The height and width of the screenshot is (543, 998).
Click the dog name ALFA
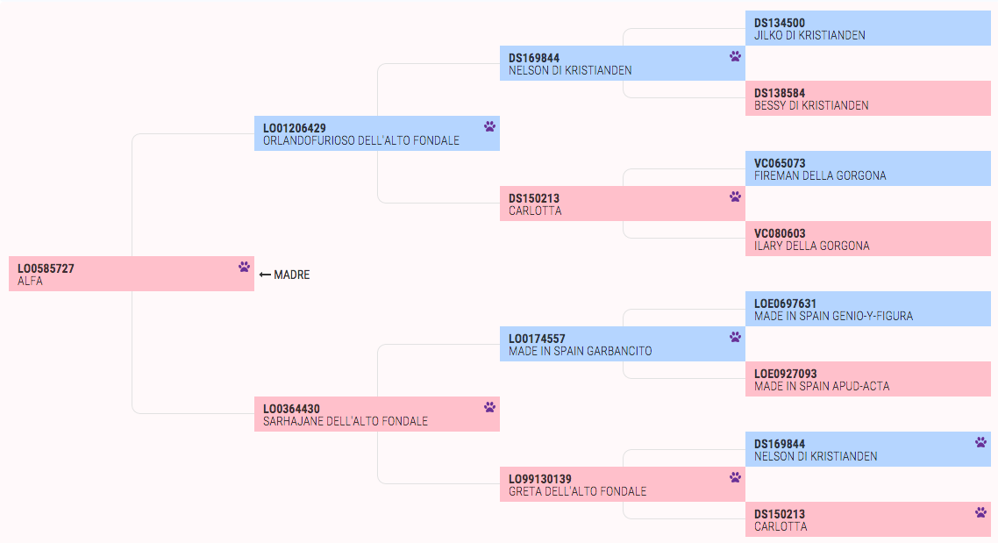coord(30,282)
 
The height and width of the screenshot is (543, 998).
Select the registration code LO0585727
coord(46,268)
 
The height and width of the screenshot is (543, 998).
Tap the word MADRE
coord(291,275)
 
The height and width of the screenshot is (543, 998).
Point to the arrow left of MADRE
coord(265,275)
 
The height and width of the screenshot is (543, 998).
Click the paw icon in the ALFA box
coord(245,267)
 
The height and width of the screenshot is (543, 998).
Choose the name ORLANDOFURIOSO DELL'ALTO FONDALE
coord(361,140)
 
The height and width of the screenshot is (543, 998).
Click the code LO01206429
coord(295,128)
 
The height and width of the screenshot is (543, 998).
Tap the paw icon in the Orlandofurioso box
coord(489,126)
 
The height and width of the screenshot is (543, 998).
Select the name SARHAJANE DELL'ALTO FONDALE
coord(346,421)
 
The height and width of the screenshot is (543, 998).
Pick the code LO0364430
coord(291,409)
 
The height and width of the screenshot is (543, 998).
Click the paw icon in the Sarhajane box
coord(489,407)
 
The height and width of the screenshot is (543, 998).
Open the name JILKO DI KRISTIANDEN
coord(809,36)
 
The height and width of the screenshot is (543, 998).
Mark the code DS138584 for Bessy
coord(780,93)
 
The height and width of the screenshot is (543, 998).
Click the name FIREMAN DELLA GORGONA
coord(820,175)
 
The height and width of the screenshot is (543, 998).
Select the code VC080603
coord(780,233)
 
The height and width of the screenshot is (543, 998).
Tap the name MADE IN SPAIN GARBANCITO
coord(580,352)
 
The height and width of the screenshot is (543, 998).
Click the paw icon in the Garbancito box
coord(735,337)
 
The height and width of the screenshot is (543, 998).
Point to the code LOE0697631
coord(785,304)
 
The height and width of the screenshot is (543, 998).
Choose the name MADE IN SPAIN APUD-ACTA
coord(822,386)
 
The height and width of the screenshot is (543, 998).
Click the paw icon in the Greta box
coord(735,477)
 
